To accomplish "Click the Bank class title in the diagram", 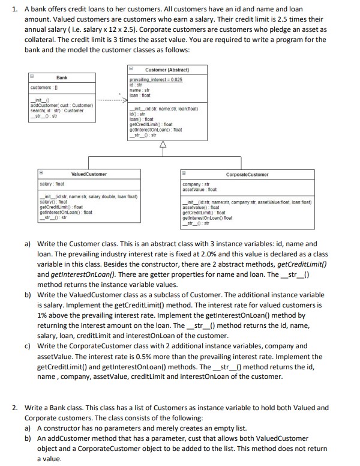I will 62,77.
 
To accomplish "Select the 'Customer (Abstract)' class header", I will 163,70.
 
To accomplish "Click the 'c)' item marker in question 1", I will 28,346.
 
